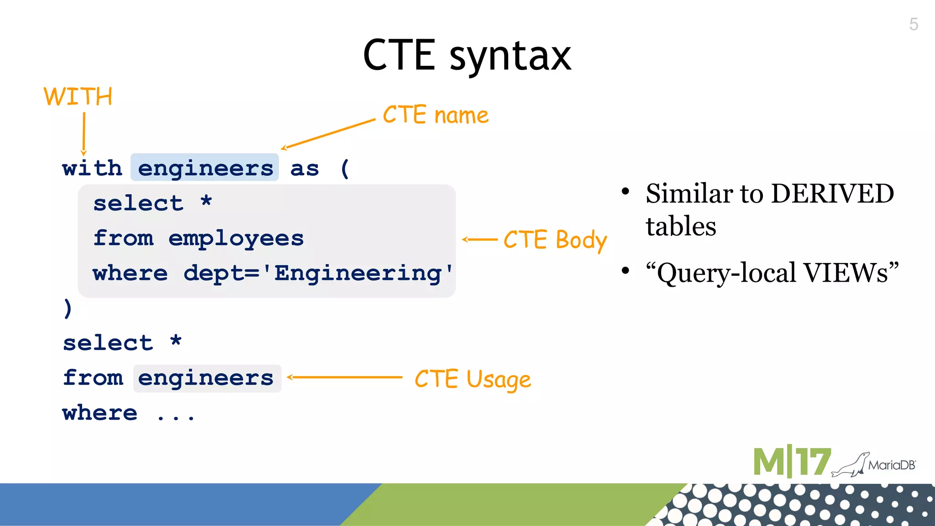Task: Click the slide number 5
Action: pyautogui.click(x=913, y=24)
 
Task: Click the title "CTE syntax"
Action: pyautogui.click(x=467, y=56)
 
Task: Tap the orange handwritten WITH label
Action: pyautogui.click(x=78, y=97)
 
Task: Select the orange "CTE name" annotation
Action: pyautogui.click(x=435, y=115)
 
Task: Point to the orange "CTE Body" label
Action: pyautogui.click(x=555, y=240)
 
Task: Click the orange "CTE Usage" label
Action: pyautogui.click(x=473, y=379)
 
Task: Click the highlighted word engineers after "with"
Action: pyautogui.click(x=205, y=168)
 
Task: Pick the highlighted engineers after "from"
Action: pyautogui.click(x=206, y=378)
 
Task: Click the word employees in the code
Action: pyautogui.click(x=236, y=238)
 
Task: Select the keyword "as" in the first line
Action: pyautogui.click(x=305, y=168)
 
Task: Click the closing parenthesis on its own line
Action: pyautogui.click(x=68, y=308)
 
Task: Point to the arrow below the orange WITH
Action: pyautogui.click(x=84, y=134)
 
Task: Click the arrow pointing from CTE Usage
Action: pyautogui.click(x=345, y=377)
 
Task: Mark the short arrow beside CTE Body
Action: pyautogui.click(x=479, y=239)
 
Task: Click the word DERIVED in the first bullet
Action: pyautogui.click(x=832, y=194)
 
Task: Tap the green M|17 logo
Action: pyautogui.click(x=792, y=462)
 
